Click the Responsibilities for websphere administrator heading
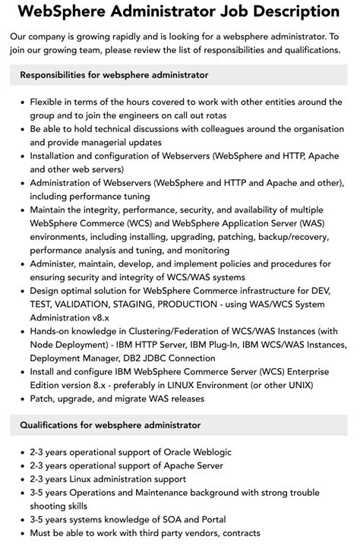coord(114,75)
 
